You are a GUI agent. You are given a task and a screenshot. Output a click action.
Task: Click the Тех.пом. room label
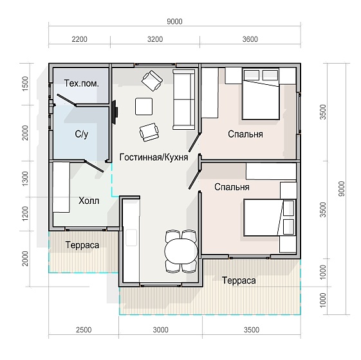pos(82,84)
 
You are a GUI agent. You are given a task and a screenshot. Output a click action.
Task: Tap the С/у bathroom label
pos(82,134)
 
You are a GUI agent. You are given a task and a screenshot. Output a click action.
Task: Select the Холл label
pos(89,201)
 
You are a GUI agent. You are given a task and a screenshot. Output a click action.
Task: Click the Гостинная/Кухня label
pos(154,157)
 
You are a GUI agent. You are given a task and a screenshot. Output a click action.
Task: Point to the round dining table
pos(181,251)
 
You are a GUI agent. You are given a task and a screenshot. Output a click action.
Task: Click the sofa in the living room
pos(184,100)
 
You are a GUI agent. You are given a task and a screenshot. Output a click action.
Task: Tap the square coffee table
pos(144,107)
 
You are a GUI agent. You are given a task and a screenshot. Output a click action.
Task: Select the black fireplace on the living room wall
pos(115,112)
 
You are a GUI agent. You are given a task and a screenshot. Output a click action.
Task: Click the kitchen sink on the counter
pos(131,237)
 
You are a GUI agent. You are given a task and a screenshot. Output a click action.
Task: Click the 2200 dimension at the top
pos(79,39)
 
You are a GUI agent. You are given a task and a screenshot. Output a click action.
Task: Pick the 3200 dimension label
pos(155,39)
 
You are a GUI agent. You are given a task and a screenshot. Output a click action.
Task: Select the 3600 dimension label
pos(250,39)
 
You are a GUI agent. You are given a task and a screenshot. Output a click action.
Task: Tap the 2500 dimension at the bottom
pos(84,330)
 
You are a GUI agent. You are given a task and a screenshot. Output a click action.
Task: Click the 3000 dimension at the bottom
pos(161,330)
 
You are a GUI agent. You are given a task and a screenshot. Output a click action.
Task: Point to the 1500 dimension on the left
pos(25,84)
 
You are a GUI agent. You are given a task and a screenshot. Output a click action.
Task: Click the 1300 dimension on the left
pos(25,179)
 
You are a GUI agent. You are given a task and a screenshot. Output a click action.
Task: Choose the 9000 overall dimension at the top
pos(174,22)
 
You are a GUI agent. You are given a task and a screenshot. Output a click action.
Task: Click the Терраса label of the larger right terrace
pos(239,280)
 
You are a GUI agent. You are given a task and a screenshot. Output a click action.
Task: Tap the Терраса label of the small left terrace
pos(82,245)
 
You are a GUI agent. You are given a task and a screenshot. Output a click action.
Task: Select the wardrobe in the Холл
pos(61,187)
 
